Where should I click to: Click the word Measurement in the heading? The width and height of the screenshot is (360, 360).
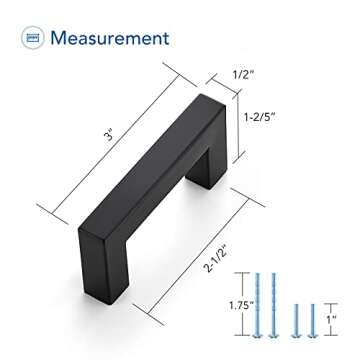(110, 39)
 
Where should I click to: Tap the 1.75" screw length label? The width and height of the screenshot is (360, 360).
(233, 301)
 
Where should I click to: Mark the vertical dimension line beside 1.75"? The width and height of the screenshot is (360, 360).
(246, 300)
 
